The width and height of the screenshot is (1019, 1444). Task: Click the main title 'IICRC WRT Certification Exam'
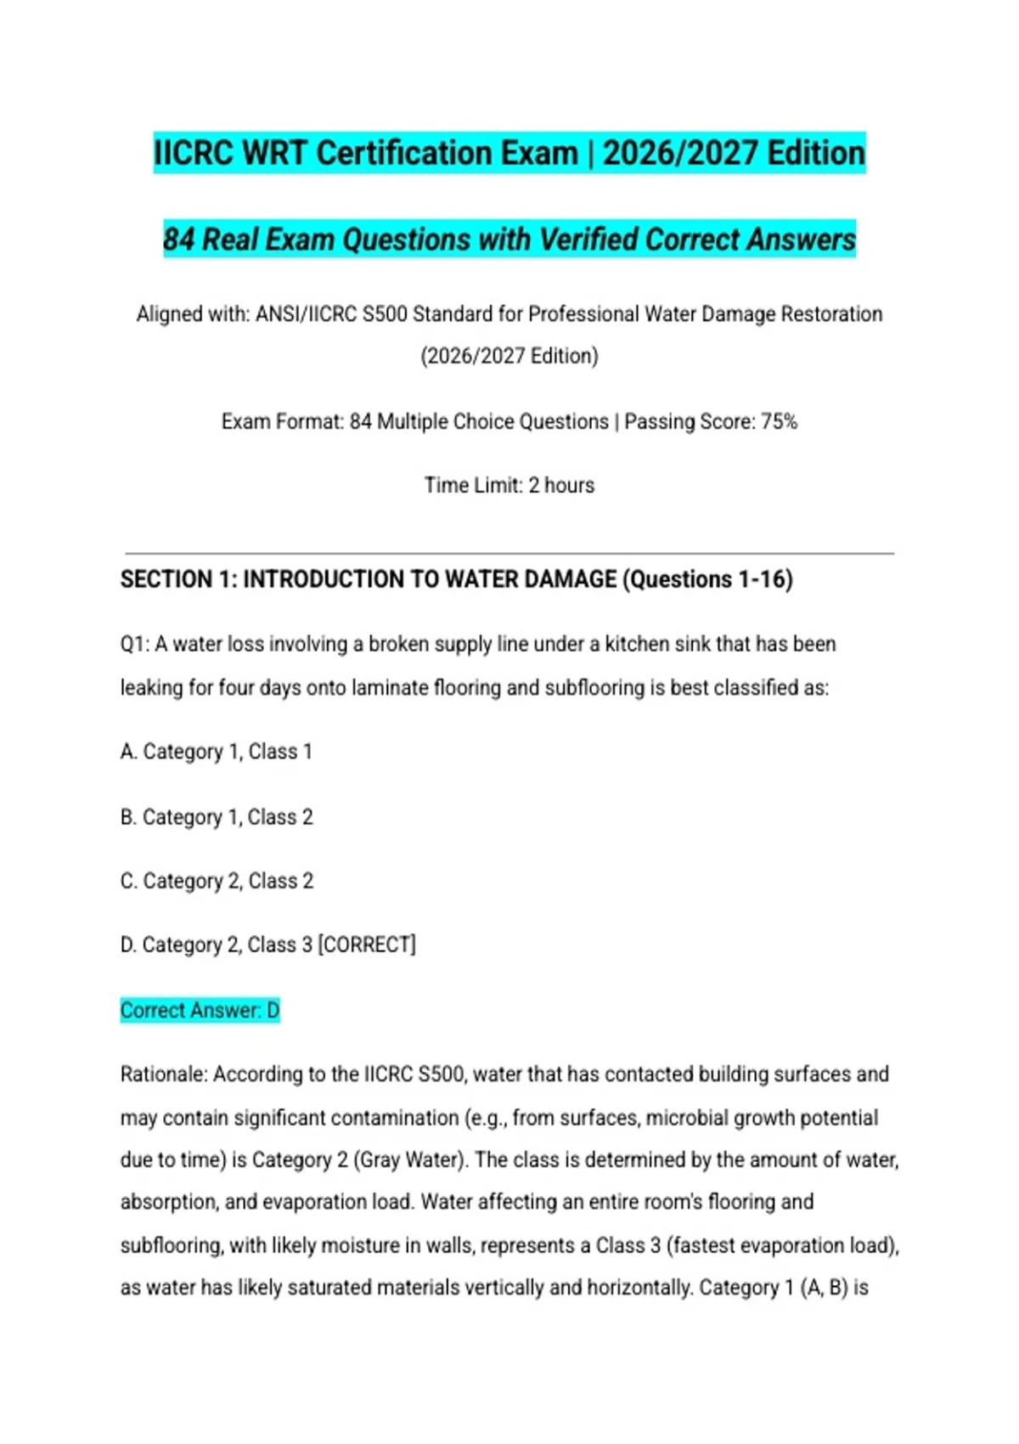[365, 154]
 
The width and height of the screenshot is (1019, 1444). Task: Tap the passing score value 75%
[779, 422]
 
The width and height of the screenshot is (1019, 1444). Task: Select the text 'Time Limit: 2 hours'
[509, 486]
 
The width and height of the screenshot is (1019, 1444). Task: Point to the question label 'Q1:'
[135, 645]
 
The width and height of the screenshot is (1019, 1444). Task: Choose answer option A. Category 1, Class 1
[216, 752]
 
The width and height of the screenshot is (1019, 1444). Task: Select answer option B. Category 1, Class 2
[216, 817]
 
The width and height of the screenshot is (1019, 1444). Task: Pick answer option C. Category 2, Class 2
[216, 881]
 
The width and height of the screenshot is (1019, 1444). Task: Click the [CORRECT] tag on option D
[367, 945]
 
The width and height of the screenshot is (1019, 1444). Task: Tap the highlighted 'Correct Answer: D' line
[200, 1010]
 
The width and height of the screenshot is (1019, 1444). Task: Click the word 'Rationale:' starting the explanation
[164, 1075]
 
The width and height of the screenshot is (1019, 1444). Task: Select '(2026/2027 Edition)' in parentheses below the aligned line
[509, 356]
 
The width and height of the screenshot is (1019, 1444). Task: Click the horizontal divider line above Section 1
[509, 554]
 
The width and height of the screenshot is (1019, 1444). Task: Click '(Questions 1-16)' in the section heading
[707, 579]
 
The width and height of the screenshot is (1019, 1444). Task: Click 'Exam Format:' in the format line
[282, 422]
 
